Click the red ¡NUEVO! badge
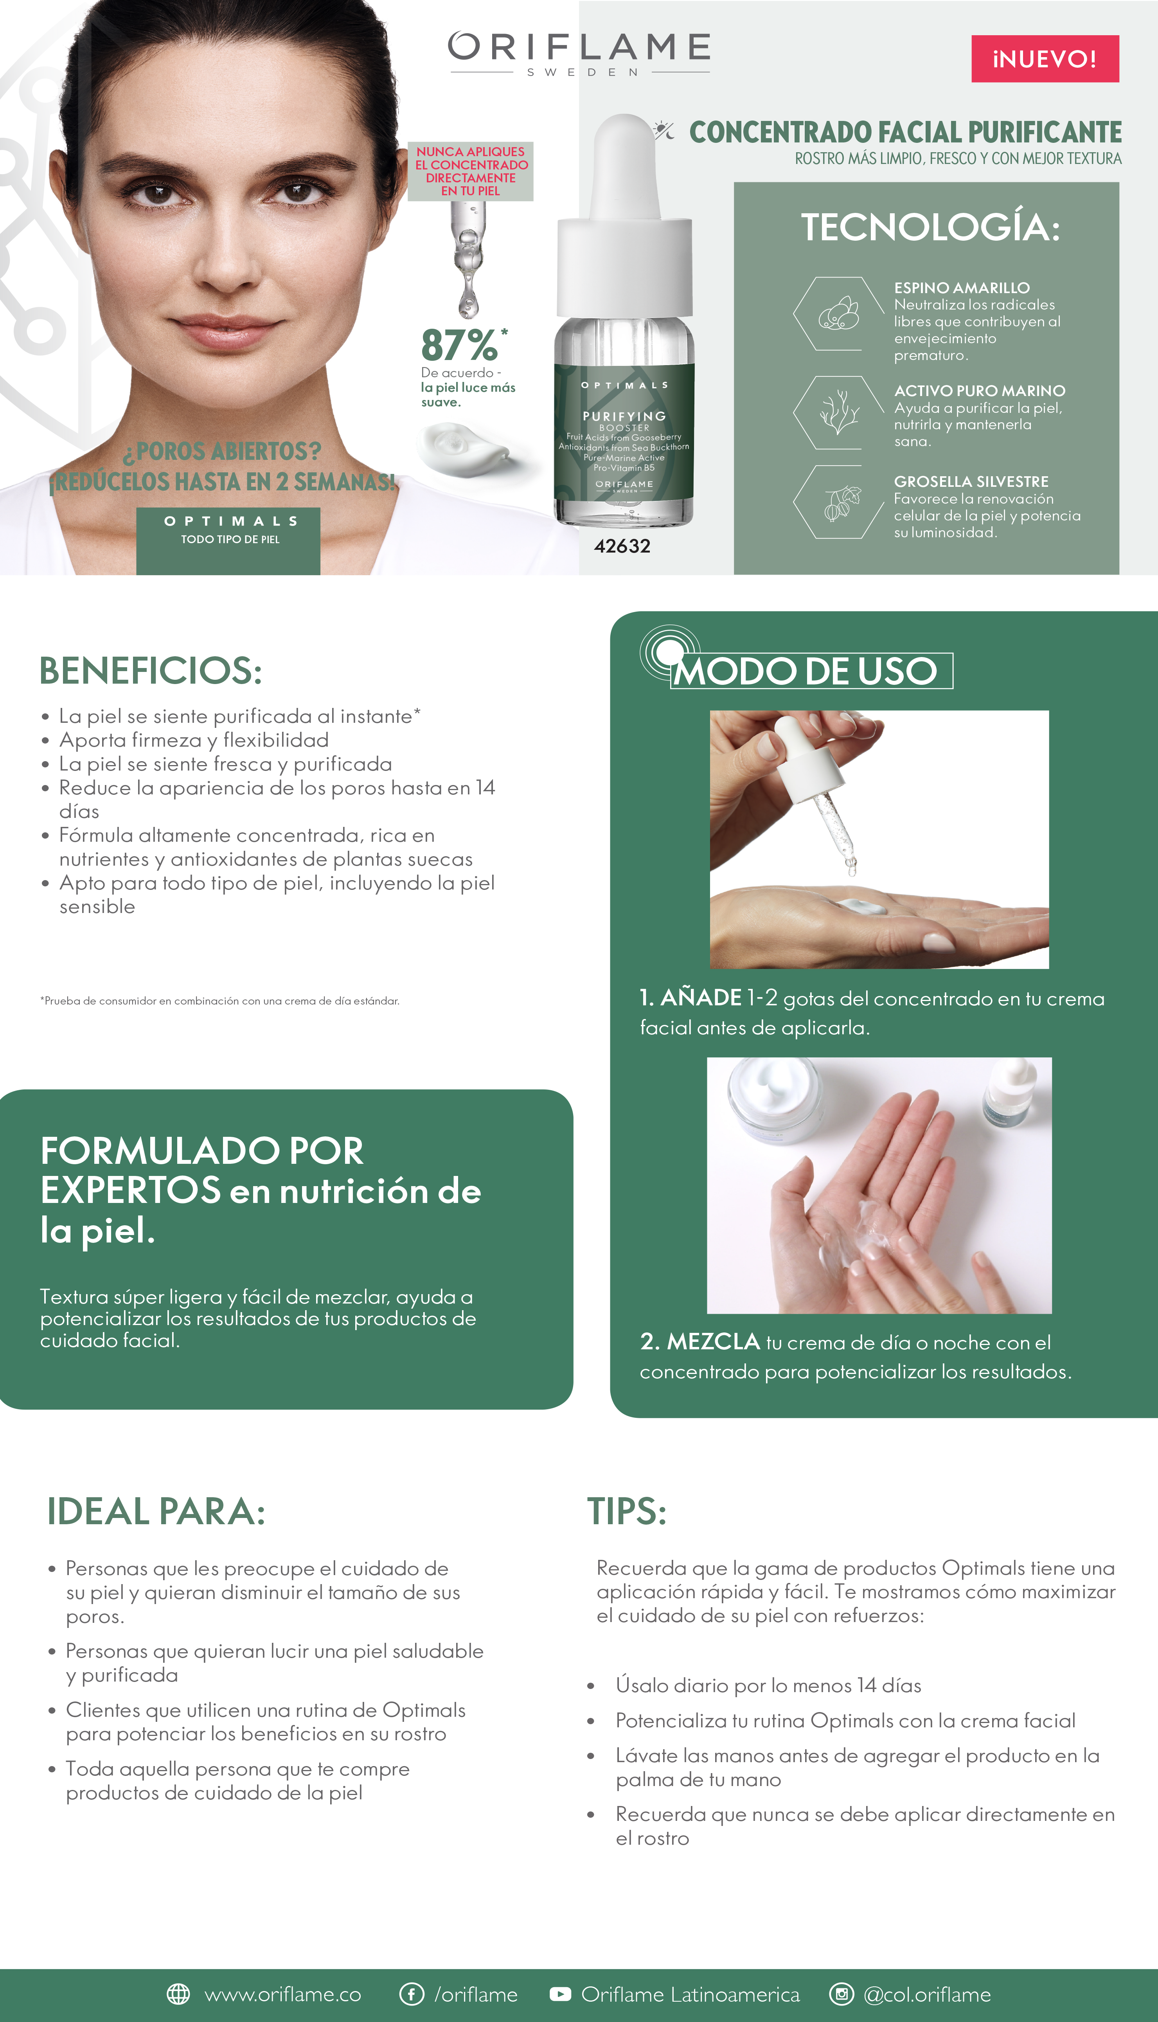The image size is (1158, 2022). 1045,59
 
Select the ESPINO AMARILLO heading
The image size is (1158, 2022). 962,288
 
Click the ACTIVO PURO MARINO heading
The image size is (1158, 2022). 979,391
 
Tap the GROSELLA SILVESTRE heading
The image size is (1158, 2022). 971,481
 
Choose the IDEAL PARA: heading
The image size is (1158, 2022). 156,1511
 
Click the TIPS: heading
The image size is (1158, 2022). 627,1511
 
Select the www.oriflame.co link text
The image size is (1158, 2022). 282,1994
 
